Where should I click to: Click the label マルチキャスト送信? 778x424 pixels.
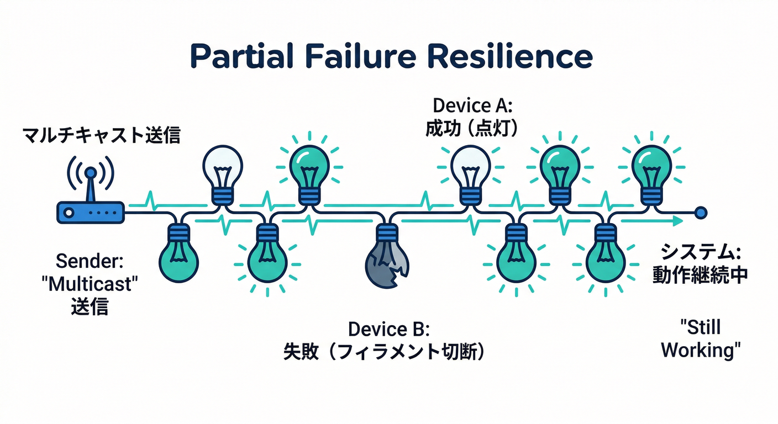(x=101, y=135)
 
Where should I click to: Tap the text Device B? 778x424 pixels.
(x=388, y=329)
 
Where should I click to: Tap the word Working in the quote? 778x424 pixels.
(x=700, y=350)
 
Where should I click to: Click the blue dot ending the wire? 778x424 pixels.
(x=701, y=211)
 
